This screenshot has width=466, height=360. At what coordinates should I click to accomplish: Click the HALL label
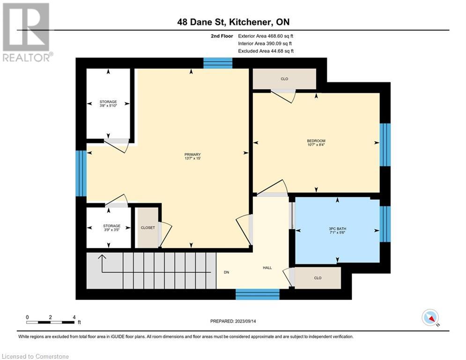pos(267,268)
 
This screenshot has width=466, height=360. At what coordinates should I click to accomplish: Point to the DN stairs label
pos(226,271)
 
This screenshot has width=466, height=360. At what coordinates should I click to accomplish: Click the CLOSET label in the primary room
pos(148,227)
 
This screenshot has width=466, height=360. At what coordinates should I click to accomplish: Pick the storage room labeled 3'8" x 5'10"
pos(108,104)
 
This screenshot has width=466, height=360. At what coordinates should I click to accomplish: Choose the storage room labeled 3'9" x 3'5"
pos(109,228)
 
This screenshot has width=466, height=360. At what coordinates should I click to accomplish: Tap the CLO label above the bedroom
pos(284,79)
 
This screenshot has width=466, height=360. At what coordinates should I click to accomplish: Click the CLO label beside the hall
pos(318,278)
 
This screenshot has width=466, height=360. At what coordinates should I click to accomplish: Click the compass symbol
pos(430,317)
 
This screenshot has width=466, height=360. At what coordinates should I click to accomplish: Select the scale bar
pos(51,322)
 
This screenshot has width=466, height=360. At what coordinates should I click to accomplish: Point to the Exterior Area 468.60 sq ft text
pos(266,36)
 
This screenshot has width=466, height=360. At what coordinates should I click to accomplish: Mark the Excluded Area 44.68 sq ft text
pos(266,51)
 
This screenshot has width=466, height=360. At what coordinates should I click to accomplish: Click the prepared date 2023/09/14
pos(233,321)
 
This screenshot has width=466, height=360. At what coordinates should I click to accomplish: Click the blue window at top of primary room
pos(218,63)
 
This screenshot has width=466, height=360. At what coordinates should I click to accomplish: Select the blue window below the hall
pos(257,294)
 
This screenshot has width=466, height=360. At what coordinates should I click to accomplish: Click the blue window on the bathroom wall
pos(385,224)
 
